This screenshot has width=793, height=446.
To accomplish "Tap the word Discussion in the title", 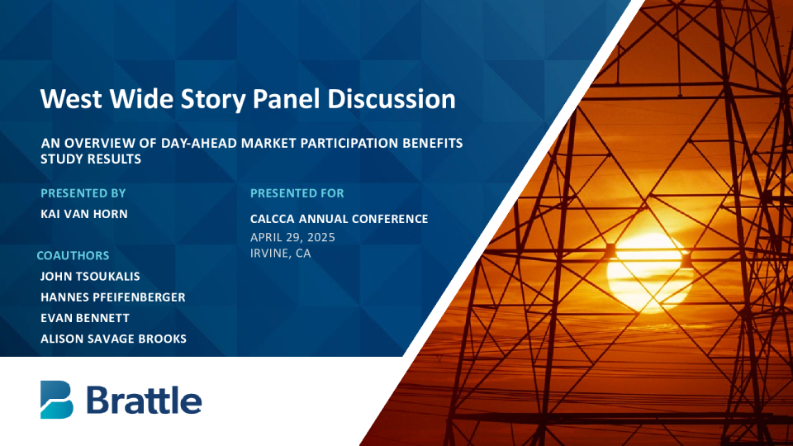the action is [x=392, y=98].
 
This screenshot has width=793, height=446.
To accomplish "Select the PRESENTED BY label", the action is [x=83, y=193].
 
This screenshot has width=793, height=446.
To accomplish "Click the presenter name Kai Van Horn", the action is [x=84, y=214].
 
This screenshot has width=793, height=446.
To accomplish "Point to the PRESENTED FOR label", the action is [x=297, y=193].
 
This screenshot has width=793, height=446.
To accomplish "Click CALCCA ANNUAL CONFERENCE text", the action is [x=339, y=219].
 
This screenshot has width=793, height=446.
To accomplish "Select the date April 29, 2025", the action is [x=292, y=237].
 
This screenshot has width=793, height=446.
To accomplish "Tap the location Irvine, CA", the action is [x=280, y=254].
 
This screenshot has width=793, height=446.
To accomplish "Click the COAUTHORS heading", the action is [x=73, y=255].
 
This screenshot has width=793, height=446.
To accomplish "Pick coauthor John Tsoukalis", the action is [x=90, y=276].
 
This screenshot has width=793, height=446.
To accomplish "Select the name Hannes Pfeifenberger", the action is [x=113, y=297].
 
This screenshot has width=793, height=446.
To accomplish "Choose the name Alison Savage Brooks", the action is [x=113, y=339].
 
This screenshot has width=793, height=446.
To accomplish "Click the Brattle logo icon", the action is [x=57, y=400].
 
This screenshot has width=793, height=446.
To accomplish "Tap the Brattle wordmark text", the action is [x=144, y=401].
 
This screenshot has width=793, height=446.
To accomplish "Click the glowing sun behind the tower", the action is [x=648, y=272].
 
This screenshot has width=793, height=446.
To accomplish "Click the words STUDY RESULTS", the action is [x=91, y=159].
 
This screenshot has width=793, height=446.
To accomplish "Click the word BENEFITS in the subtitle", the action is [x=432, y=143].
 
